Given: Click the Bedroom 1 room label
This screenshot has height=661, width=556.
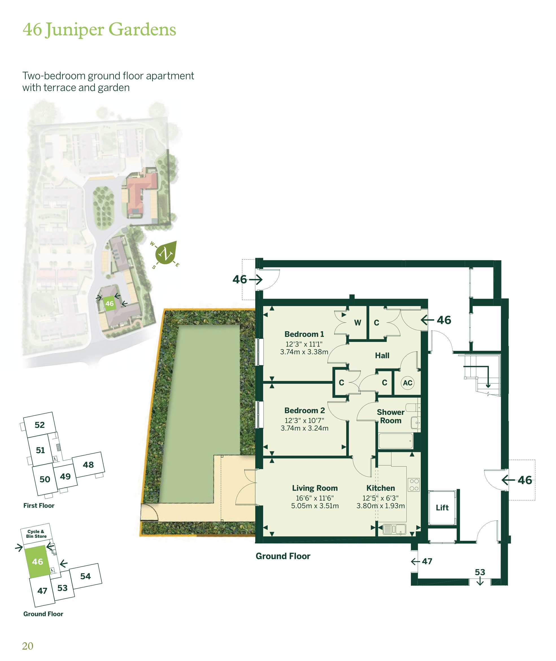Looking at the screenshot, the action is click(304, 334).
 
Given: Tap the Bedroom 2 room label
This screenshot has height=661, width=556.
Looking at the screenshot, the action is click(304, 411).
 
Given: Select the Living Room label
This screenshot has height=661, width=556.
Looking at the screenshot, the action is click(315, 488).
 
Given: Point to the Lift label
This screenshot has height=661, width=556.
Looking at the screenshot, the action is click(442, 508).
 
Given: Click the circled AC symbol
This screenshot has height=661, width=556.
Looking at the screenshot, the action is click(407, 383).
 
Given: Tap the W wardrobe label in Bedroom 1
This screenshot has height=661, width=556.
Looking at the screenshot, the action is click(357, 323).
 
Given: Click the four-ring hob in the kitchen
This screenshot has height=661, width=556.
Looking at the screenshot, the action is click(414, 485).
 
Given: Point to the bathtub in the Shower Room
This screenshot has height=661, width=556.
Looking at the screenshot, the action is click(396, 441).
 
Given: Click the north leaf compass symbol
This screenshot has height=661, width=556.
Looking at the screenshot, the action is click(166, 253).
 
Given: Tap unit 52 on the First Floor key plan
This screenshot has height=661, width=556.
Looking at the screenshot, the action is click(40, 425).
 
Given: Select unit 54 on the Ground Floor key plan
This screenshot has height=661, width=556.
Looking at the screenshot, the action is click(85, 576).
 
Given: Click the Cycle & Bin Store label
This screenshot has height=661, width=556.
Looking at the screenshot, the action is click(36, 534).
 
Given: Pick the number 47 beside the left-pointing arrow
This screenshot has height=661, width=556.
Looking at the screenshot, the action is click(427, 561).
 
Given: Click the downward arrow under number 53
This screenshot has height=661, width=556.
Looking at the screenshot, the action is click(480, 581).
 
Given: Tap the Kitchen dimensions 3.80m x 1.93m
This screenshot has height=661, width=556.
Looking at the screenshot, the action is click(380, 506).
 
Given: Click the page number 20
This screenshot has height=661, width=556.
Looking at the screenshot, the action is click(28, 646).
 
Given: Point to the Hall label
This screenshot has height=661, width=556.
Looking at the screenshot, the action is click(382, 356).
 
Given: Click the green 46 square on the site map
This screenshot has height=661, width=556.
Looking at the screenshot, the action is click(109, 304).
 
